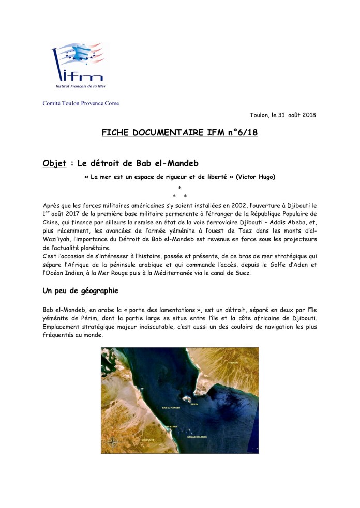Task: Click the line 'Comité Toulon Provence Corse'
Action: (x=81, y=103)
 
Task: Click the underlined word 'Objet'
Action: (x=55, y=164)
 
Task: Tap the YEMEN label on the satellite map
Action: (x=235, y=363)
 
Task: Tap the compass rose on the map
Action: (x=114, y=442)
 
